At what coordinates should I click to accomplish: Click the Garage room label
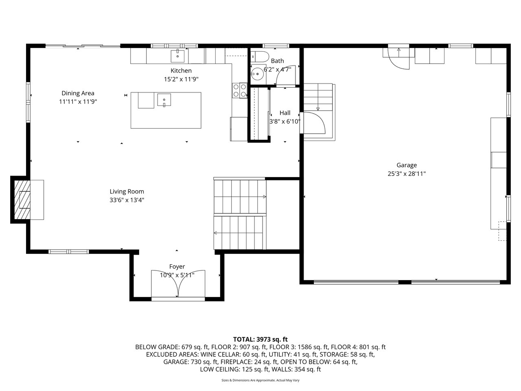coord(406,165)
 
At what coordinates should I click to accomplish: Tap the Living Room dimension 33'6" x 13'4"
coord(127,200)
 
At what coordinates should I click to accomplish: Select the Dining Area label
coord(78,93)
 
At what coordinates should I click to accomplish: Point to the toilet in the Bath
coord(259,57)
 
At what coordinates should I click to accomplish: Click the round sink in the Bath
coord(257,74)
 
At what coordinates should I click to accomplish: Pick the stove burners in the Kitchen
coord(240,90)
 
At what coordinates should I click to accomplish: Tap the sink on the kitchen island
coord(164,100)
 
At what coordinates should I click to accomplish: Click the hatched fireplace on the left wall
coord(22,200)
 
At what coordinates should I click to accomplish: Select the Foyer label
coord(177,267)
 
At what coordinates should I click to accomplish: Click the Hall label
coord(285,113)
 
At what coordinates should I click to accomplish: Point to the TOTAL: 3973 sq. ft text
coord(260,340)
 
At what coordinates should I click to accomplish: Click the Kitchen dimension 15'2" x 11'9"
coord(181,79)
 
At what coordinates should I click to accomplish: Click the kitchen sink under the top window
coord(177,56)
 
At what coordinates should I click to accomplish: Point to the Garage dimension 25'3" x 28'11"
coord(407,174)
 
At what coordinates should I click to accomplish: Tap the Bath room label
coord(277,61)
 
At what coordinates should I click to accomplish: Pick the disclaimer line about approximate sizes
coord(260,380)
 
